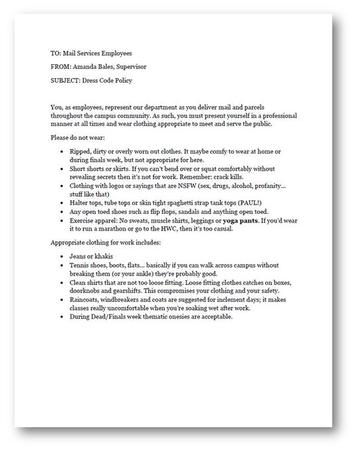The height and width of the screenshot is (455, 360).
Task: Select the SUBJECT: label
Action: [64, 80]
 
